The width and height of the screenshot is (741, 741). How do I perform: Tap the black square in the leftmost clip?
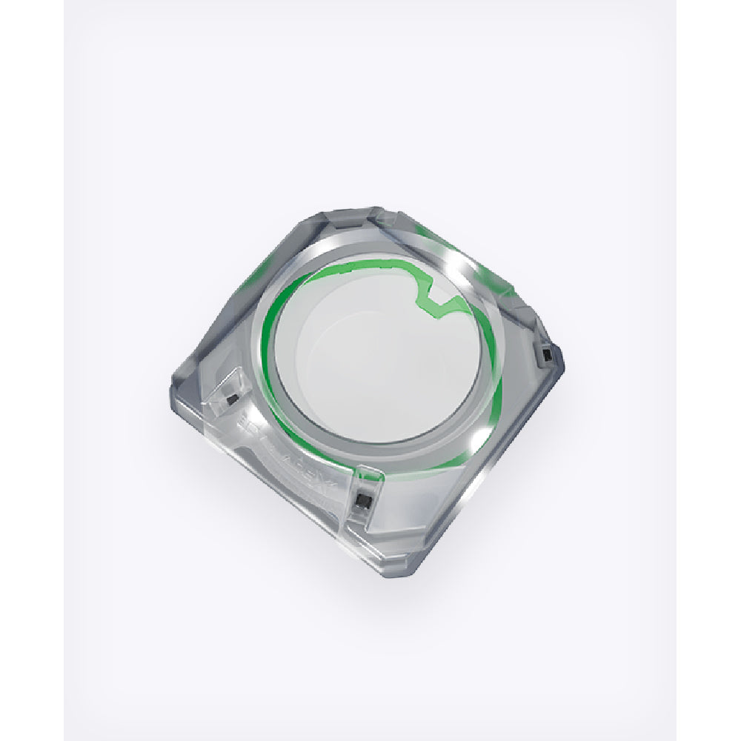pos(232,399)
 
